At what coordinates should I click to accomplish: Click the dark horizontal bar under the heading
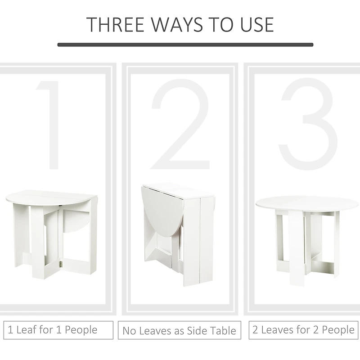[x=185, y=45]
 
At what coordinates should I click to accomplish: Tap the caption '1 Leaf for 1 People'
[x=57, y=330]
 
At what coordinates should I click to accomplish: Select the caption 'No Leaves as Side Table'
[x=179, y=331]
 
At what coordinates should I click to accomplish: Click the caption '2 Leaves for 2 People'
[x=303, y=330]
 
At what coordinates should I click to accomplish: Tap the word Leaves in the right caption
[x=277, y=330]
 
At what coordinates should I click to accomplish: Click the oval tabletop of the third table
[x=307, y=203]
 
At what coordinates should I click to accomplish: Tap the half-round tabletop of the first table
[x=49, y=197]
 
